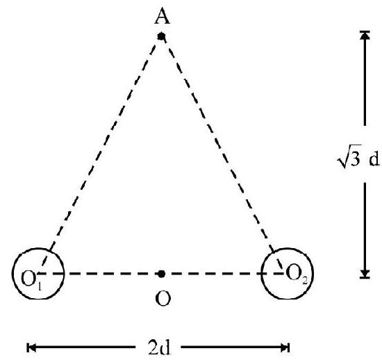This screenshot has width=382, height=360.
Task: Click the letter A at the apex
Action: [163, 17]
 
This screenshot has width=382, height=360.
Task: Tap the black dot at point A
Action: [161, 37]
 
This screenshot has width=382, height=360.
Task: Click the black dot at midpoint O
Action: [161, 274]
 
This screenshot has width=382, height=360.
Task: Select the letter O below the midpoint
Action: [163, 299]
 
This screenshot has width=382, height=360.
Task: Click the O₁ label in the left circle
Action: [31, 280]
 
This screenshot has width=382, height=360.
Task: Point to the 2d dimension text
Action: [159, 347]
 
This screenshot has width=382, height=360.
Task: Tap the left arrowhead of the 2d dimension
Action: [31, 347]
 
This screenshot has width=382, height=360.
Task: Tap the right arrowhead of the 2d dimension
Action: [285, 347]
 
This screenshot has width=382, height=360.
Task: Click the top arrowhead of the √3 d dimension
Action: [365, 35]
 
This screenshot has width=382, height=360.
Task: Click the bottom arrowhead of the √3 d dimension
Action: [365, 274]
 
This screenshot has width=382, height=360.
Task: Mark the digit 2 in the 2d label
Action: [153, 347]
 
